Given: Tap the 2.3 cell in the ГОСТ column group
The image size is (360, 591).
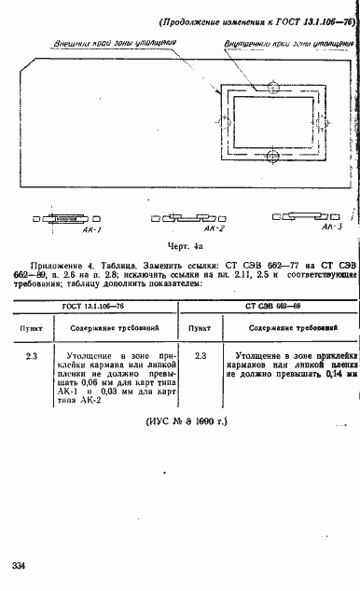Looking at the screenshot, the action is click(32, 357).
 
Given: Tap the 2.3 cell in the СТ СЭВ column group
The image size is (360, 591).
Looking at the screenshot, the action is click(200, 357).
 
